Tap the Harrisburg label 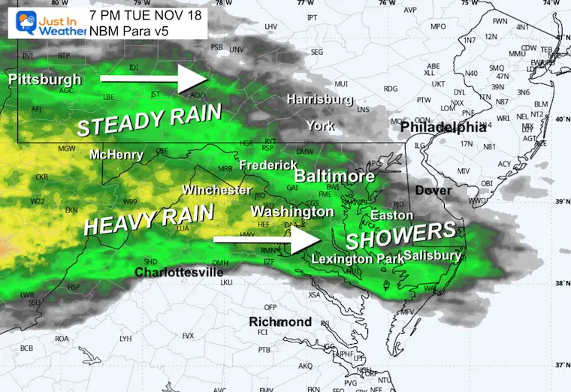(x=319, y=99)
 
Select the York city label (x=320, y=125)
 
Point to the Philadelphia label (x=443, y=128)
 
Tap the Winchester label (x=216, y=190)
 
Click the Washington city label (x=292, y=212)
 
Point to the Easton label (x=392, y=216)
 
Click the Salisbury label (x=432, y=255)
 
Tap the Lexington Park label (x=354, y=258)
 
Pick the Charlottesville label (x=179, y=272)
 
